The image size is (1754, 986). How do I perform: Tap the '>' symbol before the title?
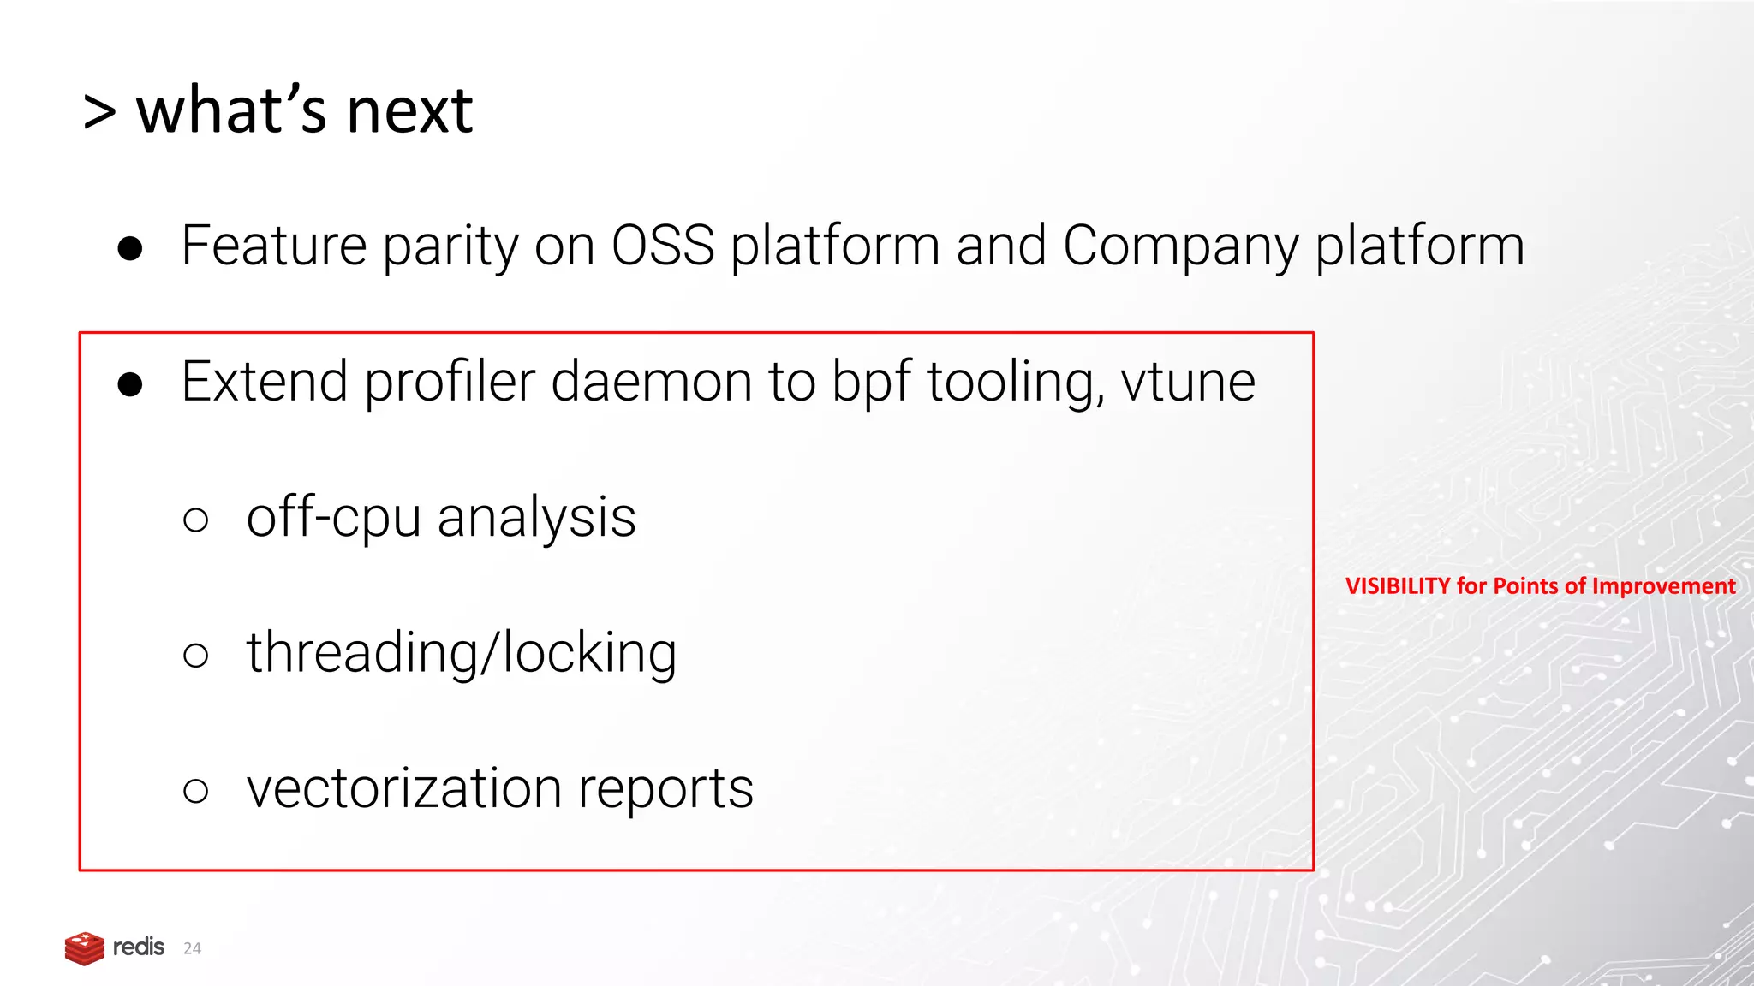(x=99, y=113)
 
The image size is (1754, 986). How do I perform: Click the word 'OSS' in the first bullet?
(x=663, y=246)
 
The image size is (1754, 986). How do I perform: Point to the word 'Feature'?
(x=274, y=246)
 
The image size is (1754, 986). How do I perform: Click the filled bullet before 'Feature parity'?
(x=130, y=248)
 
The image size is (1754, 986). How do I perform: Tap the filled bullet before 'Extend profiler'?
(x=130, y=384)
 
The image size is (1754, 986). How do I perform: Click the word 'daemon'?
(x=651, y=382)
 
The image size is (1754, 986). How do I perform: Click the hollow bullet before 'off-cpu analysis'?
(x=195, y=520)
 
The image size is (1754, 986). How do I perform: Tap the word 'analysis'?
(x=536, y=519)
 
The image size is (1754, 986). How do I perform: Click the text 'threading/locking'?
(x=461, y=654)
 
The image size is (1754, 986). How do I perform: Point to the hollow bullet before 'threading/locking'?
(x=195, y=656)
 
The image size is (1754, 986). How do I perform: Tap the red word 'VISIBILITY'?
(x=1398, y=586)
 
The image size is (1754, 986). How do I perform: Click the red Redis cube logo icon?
(x=85, y=948)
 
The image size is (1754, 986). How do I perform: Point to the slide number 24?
(x=192, y=948)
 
